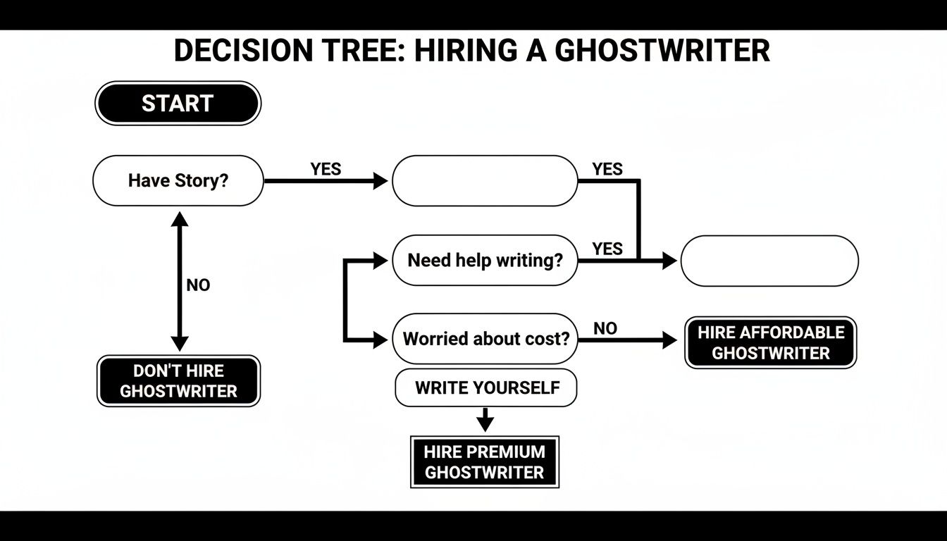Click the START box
click(x=178, y=104)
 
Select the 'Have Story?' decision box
click(x=178, y=181)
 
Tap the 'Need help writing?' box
click(x=485, y=260)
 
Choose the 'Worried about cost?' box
click(x=485, y=339)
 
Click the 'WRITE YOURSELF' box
click(x=486, y=387)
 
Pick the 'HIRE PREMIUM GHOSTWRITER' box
click(x=485, y=462)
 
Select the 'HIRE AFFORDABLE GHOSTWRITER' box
click(x=771, y=342)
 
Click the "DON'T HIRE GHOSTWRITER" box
click(x=178, y=381)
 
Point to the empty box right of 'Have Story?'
click(x=485, y=181)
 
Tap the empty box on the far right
click(x=769, y=261)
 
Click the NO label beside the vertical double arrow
click(x=198, y=285)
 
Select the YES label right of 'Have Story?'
click(x=326, y=169)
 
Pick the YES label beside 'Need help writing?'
click(x=607, y=249)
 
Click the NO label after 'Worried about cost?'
click(x=605, y=328)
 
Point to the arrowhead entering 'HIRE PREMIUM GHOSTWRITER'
click(x=485, y=424)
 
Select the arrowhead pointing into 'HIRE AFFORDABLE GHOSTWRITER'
click(x=669, y=341)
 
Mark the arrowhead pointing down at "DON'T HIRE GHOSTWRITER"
click(x=180, y=343)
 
